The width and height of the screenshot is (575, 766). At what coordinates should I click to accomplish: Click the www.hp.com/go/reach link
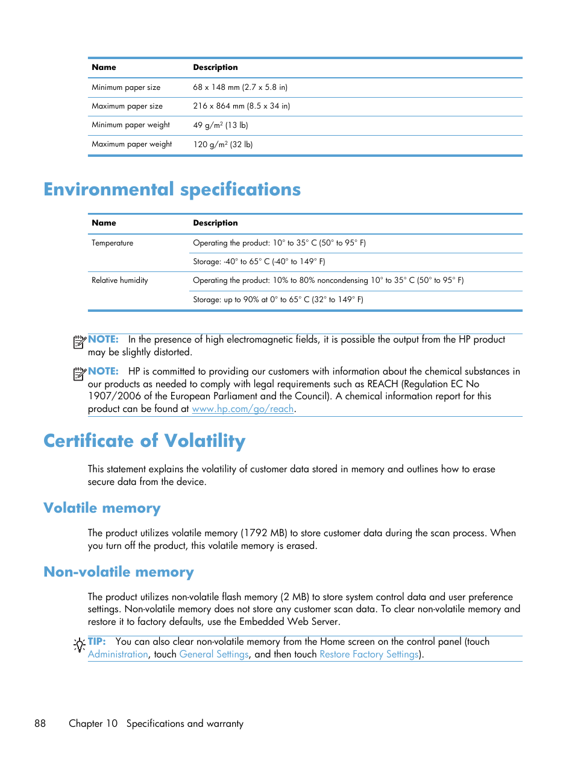242,409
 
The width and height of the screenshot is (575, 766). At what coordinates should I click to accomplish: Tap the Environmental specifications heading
172,189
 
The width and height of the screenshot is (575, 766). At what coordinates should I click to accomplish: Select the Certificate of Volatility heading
144,441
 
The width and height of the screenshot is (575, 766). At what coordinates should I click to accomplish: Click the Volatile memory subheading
102,508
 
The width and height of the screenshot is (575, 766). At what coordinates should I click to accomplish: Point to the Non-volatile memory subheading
119,572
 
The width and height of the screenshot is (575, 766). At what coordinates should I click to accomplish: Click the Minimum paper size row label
126,87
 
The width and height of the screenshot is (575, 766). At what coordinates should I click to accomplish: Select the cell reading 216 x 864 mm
241,106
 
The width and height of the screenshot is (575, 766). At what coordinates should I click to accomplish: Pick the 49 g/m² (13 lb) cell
221,125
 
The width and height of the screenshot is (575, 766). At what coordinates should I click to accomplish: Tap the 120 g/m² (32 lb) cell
223,145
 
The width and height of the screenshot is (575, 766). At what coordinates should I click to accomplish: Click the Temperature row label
113,243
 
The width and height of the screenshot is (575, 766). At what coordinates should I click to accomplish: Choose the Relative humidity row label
120,280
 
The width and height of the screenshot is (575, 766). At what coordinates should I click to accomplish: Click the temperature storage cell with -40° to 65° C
259,262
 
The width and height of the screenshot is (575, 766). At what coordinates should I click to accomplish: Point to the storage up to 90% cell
278,300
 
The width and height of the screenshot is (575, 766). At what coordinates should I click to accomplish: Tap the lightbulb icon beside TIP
79,645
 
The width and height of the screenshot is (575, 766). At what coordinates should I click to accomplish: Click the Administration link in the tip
118,654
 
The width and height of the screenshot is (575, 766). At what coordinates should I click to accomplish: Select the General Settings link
214,654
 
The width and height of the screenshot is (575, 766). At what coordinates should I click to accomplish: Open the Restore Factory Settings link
369,654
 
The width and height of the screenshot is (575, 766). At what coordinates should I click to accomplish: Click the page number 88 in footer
40,724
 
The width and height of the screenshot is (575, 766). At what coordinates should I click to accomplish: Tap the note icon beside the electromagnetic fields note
80,342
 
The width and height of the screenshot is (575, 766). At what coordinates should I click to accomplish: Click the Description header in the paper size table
215,68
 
